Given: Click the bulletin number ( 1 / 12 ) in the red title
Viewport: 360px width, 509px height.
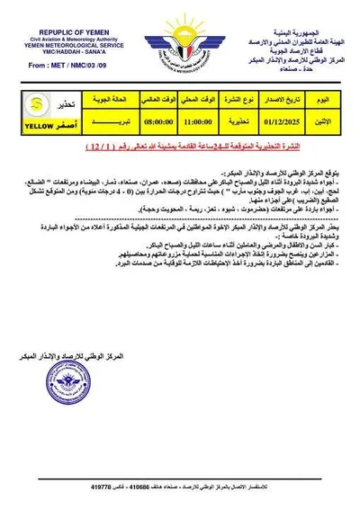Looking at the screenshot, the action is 101,145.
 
